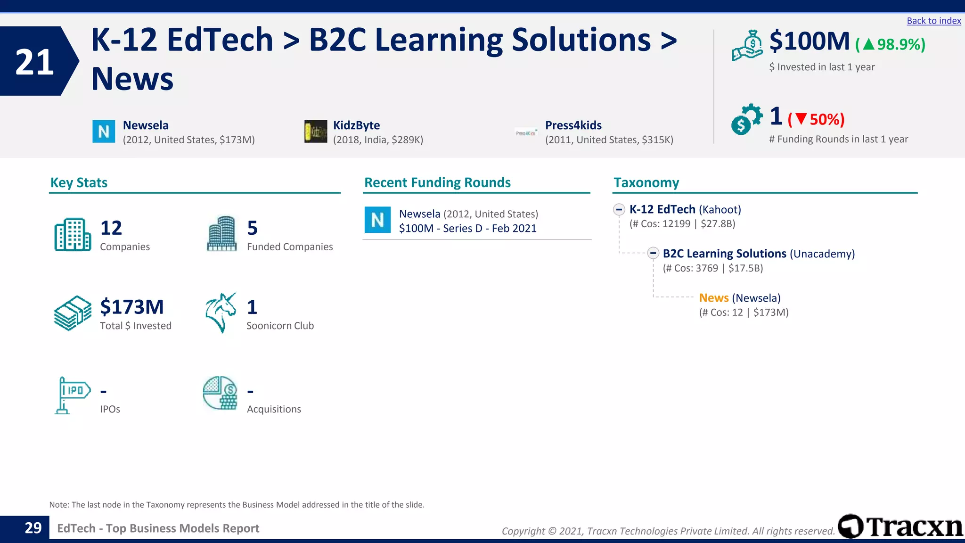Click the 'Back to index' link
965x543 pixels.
pyautogui.click(x=933, y=21)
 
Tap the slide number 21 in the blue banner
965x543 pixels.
pyautogui.click(x=34, y=62)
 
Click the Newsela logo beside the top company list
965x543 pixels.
pyautogui.click(x=104, y=132)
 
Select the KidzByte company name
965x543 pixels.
pyautogui.click(x=356, y=125)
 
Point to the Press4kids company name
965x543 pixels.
pyautogui.click(x=573, y=125)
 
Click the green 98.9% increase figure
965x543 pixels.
pyautogui.click(x=891, y=44)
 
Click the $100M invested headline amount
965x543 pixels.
pyautogui.click(x=809, y=41)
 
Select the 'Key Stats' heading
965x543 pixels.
pyautogui.click(x=79, y=183)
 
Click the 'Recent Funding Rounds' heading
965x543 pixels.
pyautogui.click(x=437, y=183)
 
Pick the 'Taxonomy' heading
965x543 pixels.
pyautogui.click(x=646, y=183)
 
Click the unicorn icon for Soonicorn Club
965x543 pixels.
pyautogui.click(x=221, y=313)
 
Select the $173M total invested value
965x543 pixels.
pyautogui.click(x=132, y=307)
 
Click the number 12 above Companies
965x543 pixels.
pyautogui.click(x=111, y=228)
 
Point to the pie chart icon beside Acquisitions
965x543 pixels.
pyautogui.click(x=220, y=393)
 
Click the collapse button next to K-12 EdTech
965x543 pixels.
pyautogui.click(x=619, y=209)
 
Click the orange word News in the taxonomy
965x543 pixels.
pyautogui.click(x=713, y=298)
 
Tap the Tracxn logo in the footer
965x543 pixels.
pyautogui.click(x=900, y=527)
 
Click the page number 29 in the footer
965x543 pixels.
pyautogui.click(x=33, y=528)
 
